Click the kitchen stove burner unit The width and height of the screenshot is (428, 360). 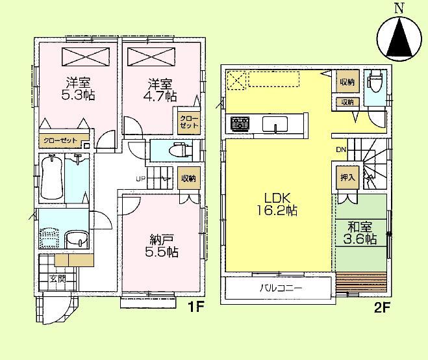click(x=240, y=123)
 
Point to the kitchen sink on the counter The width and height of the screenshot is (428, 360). click(x=273, y=123)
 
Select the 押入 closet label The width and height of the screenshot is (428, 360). click(x=347, y=176)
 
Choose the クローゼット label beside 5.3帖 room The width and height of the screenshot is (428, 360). click(x=60, y=140)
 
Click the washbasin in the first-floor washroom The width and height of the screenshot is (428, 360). click(x=76, y=238)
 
